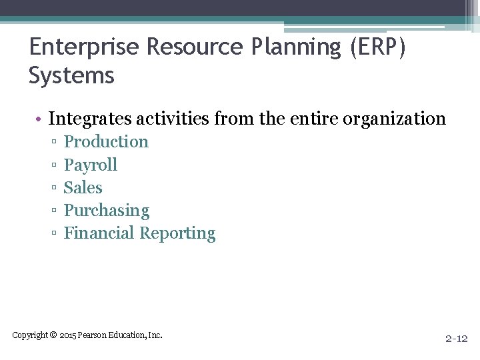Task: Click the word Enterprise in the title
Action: (x=84, y=48)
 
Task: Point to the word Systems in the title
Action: (x=71, y=76)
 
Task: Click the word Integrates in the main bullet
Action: (x=89, y=119)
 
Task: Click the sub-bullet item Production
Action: (x=106, y=142)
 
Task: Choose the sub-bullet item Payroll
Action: (x=90, y=165)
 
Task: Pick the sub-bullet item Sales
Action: (x=83, y=188)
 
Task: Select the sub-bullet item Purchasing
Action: (x=106, y=211)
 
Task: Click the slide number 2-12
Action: (x=457, y=339)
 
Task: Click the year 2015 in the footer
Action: (x=68, y=335)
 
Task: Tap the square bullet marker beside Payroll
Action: (x=53, y=165)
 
